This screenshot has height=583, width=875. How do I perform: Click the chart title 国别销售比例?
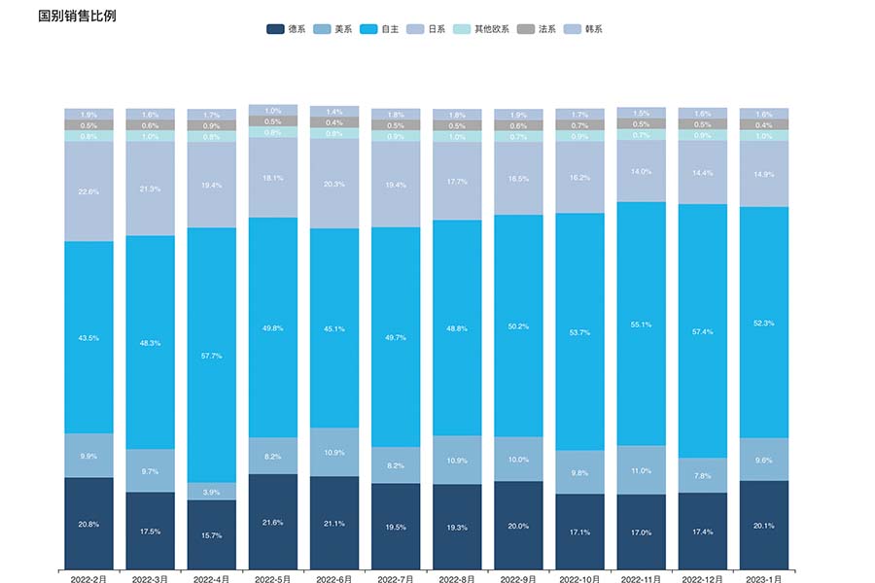pyautogui.click(x=77, y=17)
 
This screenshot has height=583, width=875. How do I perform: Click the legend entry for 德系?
pyautogui.click(x=287, y=29)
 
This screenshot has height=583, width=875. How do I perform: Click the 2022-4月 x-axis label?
pyautogui.click(x=212, y=579)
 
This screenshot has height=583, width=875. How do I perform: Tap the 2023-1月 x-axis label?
pyautogui.click(x=764, y=579)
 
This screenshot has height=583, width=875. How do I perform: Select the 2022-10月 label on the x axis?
pyautogui.click(x=580, y=579)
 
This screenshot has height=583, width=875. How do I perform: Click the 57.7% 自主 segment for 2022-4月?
pyautogui.click(x=212, y=356)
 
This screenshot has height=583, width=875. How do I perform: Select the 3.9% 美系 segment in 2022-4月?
pyautogui.click(x=212, y=492)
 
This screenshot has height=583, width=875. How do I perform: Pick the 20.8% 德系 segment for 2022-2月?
pyautogui.click(x=89, y=524)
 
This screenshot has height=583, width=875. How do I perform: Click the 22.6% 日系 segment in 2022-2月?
pyautogui.click(x=89, y=191)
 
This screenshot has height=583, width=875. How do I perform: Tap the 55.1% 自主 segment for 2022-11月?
pyautogui.click(x=642, y=324)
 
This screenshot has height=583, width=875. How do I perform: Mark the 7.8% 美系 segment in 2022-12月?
pyautogui.click(x=703, y=475)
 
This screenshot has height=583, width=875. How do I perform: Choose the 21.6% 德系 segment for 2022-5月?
pyautogui.click(x=273, y=522)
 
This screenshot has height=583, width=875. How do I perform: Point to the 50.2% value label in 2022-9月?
pyautogui.click(x=519, y=326)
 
